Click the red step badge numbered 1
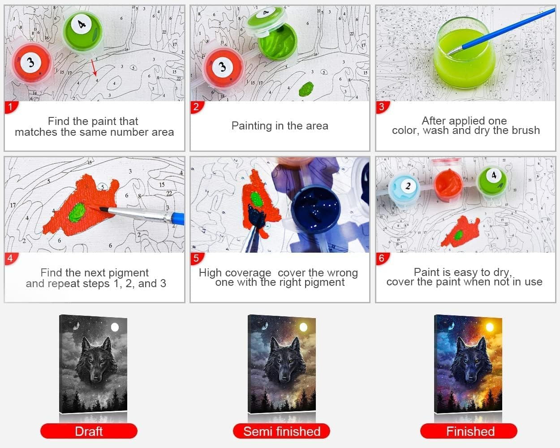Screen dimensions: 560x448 [11, 107]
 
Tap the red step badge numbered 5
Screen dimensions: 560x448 [197, 258]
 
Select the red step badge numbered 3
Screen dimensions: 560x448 [383, 107]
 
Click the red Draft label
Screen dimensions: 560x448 [89, 431]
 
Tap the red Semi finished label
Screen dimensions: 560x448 [281, 431]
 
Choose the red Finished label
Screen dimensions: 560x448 [469, 431]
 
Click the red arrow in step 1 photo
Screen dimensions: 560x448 [94, 67]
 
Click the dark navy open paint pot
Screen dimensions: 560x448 [316, 209]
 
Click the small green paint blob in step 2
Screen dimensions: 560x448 [306, 89]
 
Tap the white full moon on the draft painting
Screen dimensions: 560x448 [115, 327]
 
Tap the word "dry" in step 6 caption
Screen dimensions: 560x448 [502, 272]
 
